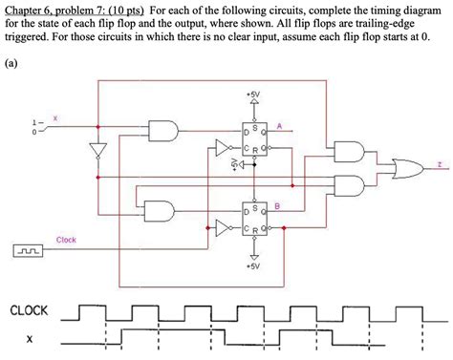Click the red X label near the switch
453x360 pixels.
(x=54, y=117)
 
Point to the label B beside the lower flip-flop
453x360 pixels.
(x=276, y=206)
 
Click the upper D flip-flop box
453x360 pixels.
(x=254, y=138)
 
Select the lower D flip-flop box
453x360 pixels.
(x=254, y=219)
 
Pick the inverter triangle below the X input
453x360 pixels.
(x=97, y=152)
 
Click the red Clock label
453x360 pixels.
(x=66, y=240)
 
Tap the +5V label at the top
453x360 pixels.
(x=251, y=95)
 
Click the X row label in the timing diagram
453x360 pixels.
(x=30, y=339)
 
